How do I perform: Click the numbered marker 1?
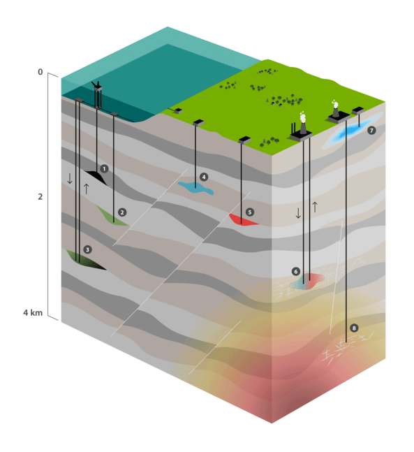[104, 169]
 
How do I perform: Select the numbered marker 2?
[122, 212]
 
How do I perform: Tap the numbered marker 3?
[87, 249]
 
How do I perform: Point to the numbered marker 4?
[204, 177]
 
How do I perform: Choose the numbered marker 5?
[250, 211]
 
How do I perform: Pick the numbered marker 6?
[296, 272]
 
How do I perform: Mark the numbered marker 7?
[371, 131]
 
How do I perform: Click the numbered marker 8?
[355, 328]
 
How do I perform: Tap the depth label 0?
[40, 73]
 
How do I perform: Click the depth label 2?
[40, 197]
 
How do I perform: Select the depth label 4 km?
[34, 312]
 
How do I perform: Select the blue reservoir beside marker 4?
[195, 187]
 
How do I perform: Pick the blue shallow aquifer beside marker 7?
[348, 133]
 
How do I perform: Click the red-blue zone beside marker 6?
[308, 281]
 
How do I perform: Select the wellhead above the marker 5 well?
[244, 140]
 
